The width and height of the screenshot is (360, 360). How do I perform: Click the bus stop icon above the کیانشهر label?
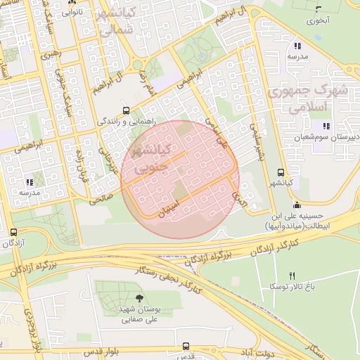coord(281,172)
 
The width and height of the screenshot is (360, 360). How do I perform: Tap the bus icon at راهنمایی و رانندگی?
coord(126,110)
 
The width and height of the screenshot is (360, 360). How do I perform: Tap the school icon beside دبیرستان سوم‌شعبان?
coord(326,127)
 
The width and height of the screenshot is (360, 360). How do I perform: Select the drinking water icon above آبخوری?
coord(319,9)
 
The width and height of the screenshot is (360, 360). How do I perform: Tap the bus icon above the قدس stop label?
coord(186,346)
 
